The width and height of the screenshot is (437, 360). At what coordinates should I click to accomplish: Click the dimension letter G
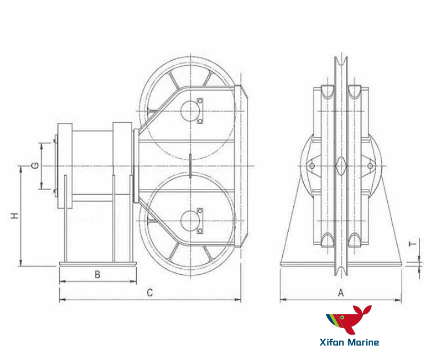pyautogui.click(x=35, y=166)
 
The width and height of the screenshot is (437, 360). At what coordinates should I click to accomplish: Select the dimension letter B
pyautogui.click(x=97, y=275)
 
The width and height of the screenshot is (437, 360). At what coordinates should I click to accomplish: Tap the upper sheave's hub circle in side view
pyautogui.click(x=190, y=110)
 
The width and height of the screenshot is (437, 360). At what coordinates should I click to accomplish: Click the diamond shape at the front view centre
pyautogui.click(x=341, y=166)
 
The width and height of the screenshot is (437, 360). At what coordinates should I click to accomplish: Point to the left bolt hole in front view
pyautogui.click(x=312, y=167)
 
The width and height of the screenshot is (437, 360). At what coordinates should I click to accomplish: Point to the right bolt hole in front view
pyautogui.click(x=370, y=167)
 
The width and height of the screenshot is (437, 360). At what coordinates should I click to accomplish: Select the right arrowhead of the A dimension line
pyautogui.click(x=400, y=300)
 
